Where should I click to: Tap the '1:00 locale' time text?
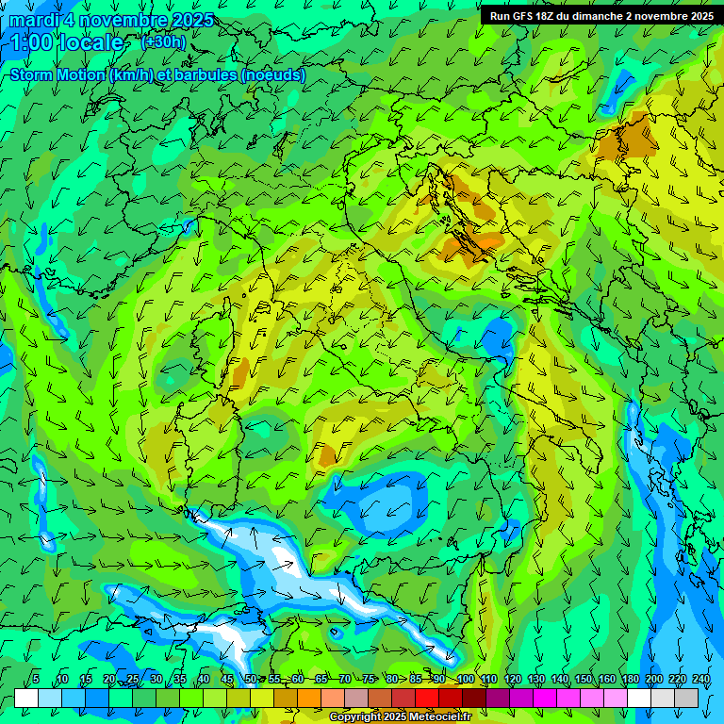(67, 42)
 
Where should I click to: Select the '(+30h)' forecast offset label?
(162, 41)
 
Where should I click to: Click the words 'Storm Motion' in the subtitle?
(57, 74)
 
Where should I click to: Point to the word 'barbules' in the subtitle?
(206, 74)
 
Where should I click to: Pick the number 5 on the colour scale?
(35, 680)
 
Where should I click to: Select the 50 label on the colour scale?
(251, 680)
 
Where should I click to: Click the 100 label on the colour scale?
(465, 680)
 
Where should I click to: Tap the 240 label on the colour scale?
(701, 680)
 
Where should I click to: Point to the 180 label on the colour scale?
(631, 680)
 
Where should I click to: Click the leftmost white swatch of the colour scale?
(26, 698)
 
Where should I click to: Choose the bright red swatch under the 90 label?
(427, 698)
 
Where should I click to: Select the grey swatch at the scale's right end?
(687, 698)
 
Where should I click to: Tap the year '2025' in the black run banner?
(699, 16)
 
